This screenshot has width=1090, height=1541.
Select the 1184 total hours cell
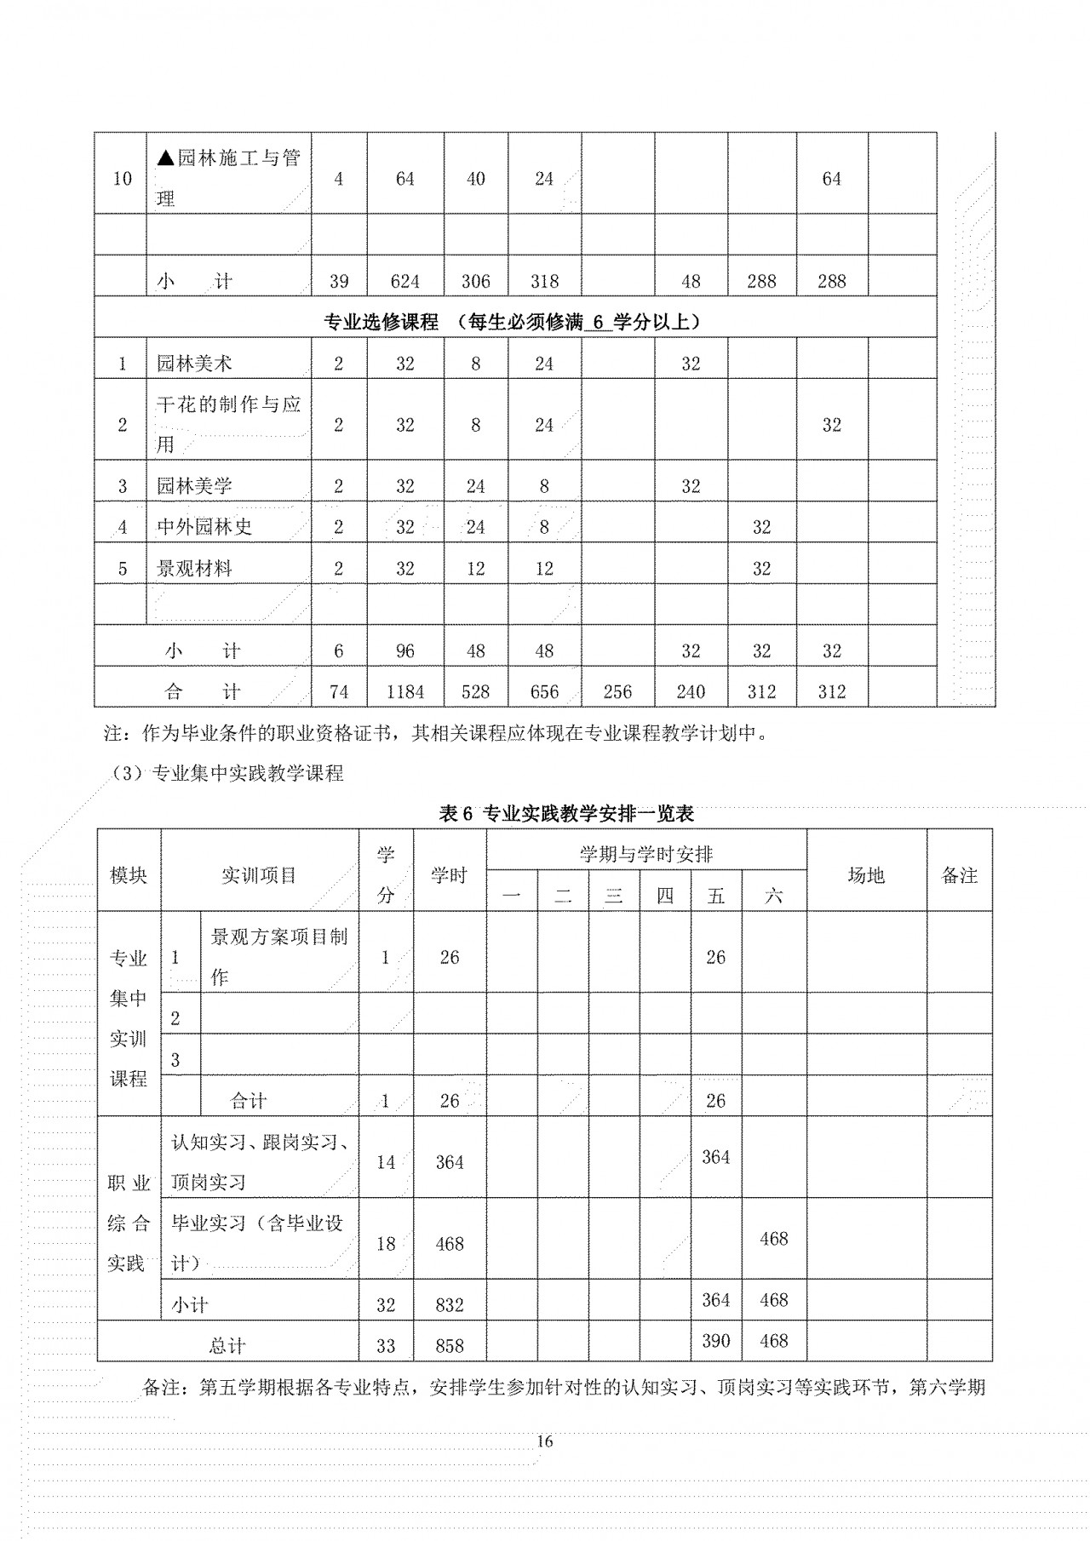click(x=404, y=691)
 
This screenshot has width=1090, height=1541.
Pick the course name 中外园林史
click(x=204, y=527)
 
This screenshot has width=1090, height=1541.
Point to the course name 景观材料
click(x=194, y=569)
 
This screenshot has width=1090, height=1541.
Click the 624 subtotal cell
click(x=404, y=281)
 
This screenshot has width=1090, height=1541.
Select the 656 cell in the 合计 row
click(x=544, y=691)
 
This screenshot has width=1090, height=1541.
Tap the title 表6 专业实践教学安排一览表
click(x=566, y=813)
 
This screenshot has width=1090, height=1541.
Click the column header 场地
click(x=866, y=875)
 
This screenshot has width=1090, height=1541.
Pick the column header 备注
click(x=959, y=875)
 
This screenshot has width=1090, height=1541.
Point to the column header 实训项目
click(x=259, y=875)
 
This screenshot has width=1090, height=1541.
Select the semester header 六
click(x=773, y=896)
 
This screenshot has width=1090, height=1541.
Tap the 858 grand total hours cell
click(x=450, y=1345)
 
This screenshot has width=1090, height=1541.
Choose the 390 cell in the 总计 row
click(x=715, y=1341)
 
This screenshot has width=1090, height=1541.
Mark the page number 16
click(x=545, y=1441)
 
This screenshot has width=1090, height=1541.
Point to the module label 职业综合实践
click(x=129, y=1223)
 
